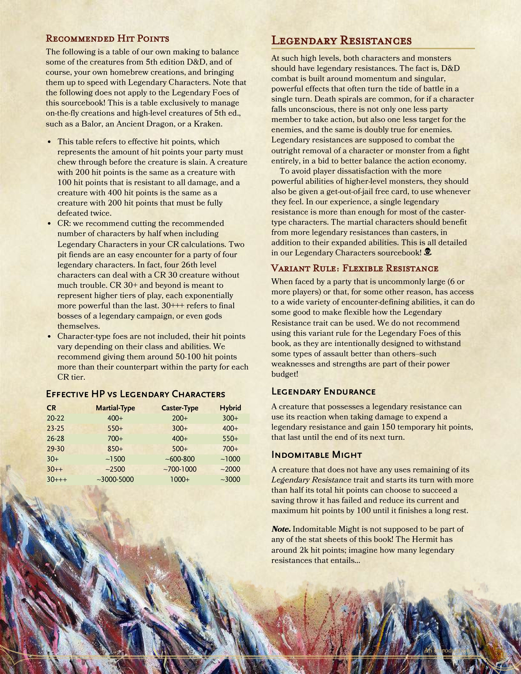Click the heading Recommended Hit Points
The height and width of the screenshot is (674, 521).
[x=107, y=39]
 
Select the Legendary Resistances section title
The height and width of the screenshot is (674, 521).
[x=341, y=40]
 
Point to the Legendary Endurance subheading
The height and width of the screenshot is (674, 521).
[x=323, y=392]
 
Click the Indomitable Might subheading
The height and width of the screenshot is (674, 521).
[x=316, y=455]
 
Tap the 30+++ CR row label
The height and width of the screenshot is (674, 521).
[x=57, y=479]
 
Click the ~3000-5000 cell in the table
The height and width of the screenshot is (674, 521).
[x=115, y=479]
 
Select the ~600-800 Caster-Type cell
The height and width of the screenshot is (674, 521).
[x=180, y=459]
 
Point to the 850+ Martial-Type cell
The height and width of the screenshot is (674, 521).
[x=115, y=449]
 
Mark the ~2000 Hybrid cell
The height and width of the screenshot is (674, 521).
[x=230, y=469]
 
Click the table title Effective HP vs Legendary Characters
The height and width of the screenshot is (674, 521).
[x=135, y=394]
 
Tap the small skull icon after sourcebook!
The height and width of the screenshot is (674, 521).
[x=428, y=252]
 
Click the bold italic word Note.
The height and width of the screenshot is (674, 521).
[x=281, y=529]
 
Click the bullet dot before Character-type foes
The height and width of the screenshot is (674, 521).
[x=49, y=336]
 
